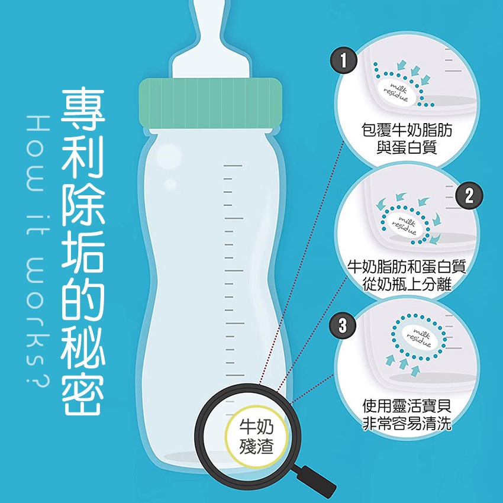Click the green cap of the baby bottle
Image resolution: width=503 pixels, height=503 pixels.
211,104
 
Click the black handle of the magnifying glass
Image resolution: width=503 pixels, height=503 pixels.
316,481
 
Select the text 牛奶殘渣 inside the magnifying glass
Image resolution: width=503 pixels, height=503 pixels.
256,436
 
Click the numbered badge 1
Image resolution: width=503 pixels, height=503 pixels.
344,60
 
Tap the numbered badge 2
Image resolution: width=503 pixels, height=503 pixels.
469,195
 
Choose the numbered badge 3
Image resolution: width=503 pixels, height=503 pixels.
343,325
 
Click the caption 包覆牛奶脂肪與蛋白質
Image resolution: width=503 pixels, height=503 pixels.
407,138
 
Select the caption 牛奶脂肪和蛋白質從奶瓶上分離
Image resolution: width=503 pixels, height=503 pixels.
407,275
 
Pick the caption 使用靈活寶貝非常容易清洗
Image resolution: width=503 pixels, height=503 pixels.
407,414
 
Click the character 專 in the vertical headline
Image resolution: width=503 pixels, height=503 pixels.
83,109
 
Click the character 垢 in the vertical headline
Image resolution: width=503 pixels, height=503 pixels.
83,251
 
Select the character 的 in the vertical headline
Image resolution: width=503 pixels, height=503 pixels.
83,299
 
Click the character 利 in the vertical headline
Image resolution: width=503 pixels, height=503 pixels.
83,157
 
